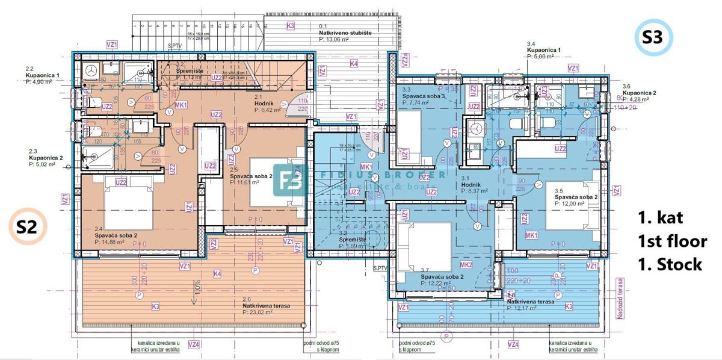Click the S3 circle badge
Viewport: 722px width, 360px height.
[x=653, y=38]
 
